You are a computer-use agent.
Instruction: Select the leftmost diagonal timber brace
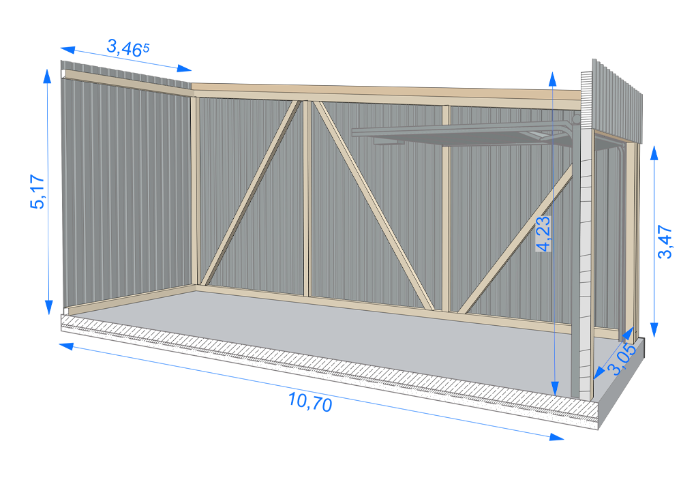click(252, 191)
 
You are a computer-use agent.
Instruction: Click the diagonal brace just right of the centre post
click(372, 205)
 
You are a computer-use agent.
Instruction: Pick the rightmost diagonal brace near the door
click(518, 239)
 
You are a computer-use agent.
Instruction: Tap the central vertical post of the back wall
click(307, 198)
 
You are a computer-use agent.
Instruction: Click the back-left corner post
click(194, 191)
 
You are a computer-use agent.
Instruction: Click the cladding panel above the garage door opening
click(617, 102)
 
